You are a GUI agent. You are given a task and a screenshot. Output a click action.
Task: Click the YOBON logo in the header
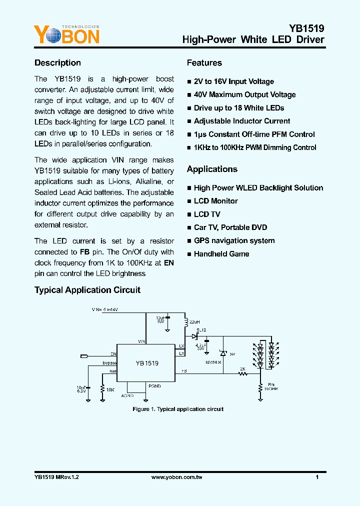66,35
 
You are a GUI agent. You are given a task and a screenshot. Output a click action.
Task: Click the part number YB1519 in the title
306,28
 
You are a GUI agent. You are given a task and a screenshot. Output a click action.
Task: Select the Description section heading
57,63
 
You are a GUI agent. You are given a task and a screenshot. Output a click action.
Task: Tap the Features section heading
204,63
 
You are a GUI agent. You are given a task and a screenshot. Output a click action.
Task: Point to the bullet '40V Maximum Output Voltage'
244,94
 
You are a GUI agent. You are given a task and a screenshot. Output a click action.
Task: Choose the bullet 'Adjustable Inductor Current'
242,121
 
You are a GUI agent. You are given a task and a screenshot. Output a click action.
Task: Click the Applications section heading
212,169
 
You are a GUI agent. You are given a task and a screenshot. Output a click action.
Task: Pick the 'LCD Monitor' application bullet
215,201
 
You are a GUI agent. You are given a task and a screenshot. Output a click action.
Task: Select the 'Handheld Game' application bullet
221,254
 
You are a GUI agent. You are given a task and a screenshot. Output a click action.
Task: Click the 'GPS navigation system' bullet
234,240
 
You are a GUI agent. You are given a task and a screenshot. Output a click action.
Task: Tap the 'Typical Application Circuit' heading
87,290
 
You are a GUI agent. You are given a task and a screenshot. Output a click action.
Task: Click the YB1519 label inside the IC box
147,363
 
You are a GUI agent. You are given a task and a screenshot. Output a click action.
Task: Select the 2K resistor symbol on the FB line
242,374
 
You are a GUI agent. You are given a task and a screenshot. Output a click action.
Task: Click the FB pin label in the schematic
184,371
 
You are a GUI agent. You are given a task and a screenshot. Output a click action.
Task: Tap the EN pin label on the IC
113,354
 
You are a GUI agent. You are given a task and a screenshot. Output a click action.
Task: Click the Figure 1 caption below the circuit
178,409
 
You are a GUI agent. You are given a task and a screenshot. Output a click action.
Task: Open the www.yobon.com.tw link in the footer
176,477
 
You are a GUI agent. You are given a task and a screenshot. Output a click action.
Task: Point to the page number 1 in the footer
317,477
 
